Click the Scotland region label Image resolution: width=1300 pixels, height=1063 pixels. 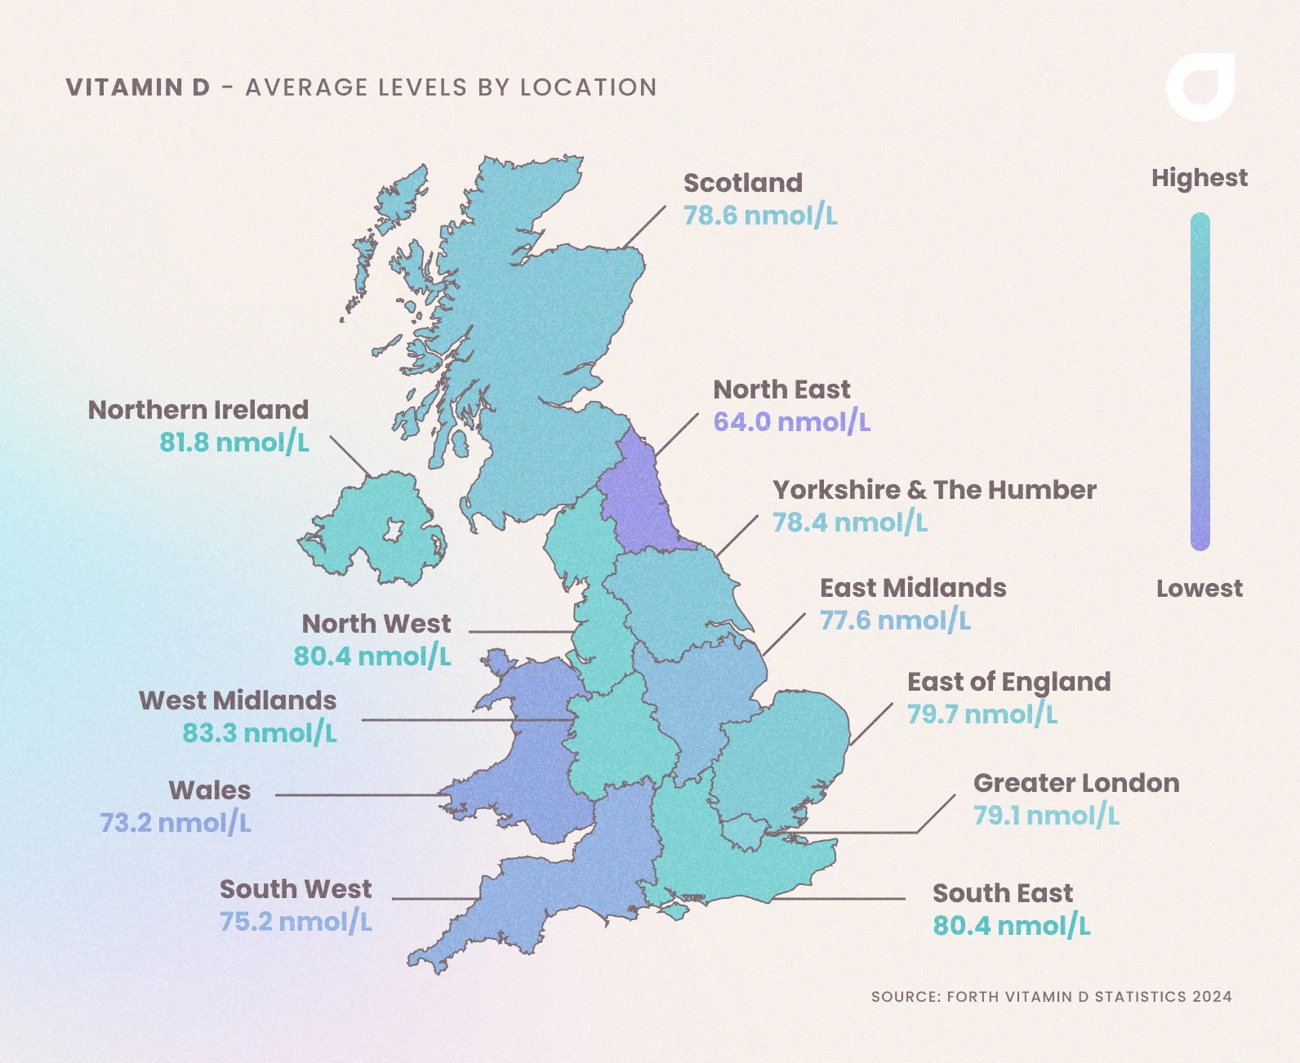coord(742,183)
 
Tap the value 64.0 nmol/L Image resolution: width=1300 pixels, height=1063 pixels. coord(791,422)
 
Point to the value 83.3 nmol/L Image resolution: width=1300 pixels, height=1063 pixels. coord(259,733)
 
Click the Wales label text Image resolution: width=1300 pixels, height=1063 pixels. coord(210,790)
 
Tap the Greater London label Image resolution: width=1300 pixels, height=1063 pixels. coord(1075,783)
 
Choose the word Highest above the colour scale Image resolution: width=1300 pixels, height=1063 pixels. coord(1199,178)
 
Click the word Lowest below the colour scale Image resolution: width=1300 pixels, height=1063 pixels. coord(1199,589)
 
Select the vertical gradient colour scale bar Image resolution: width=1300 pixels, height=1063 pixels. coord(1200,381)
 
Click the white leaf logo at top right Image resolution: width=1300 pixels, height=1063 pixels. coord(1200,87)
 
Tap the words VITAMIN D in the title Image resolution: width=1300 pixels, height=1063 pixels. coord(138,87)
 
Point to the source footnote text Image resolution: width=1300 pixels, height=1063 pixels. coord(1051,996)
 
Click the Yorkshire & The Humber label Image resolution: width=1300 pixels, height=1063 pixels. coord(934,490)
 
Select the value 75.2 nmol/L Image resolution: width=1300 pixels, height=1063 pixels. coord(296,922)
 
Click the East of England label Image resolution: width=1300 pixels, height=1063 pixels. coord(1008,682)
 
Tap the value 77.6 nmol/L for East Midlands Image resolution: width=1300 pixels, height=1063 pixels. coord(895,620)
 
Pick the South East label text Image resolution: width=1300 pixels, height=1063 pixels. coord(1002,893)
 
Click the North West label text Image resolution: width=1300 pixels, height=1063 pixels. coord(376,624)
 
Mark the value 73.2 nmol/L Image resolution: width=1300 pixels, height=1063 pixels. coord(175,823)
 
